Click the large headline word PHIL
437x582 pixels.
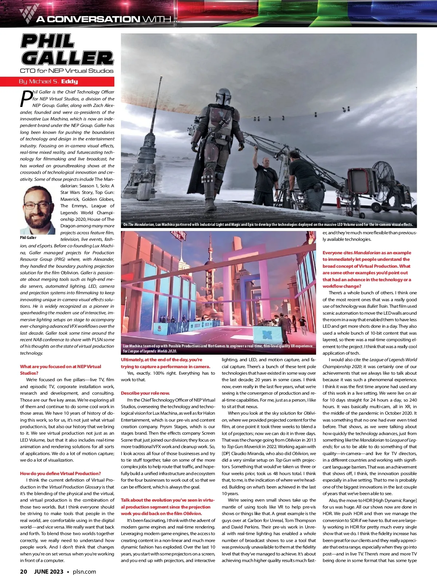tap(48, 41)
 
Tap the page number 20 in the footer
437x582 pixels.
tap(23, 571)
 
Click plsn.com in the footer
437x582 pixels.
tap(84, 571)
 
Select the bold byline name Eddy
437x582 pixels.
tap(70, 81)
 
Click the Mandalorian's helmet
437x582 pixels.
tap(223, 97)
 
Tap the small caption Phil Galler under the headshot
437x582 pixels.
tap(28, 238)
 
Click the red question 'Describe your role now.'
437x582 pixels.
tap(145, 393)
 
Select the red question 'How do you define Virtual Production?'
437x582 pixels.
tap(60, 473)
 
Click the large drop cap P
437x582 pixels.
tap(26, 99)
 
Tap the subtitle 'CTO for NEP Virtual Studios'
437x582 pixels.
tap(67, 71)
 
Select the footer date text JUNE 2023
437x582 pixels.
tap(49, 571)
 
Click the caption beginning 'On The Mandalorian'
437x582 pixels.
tap(268, 224)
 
